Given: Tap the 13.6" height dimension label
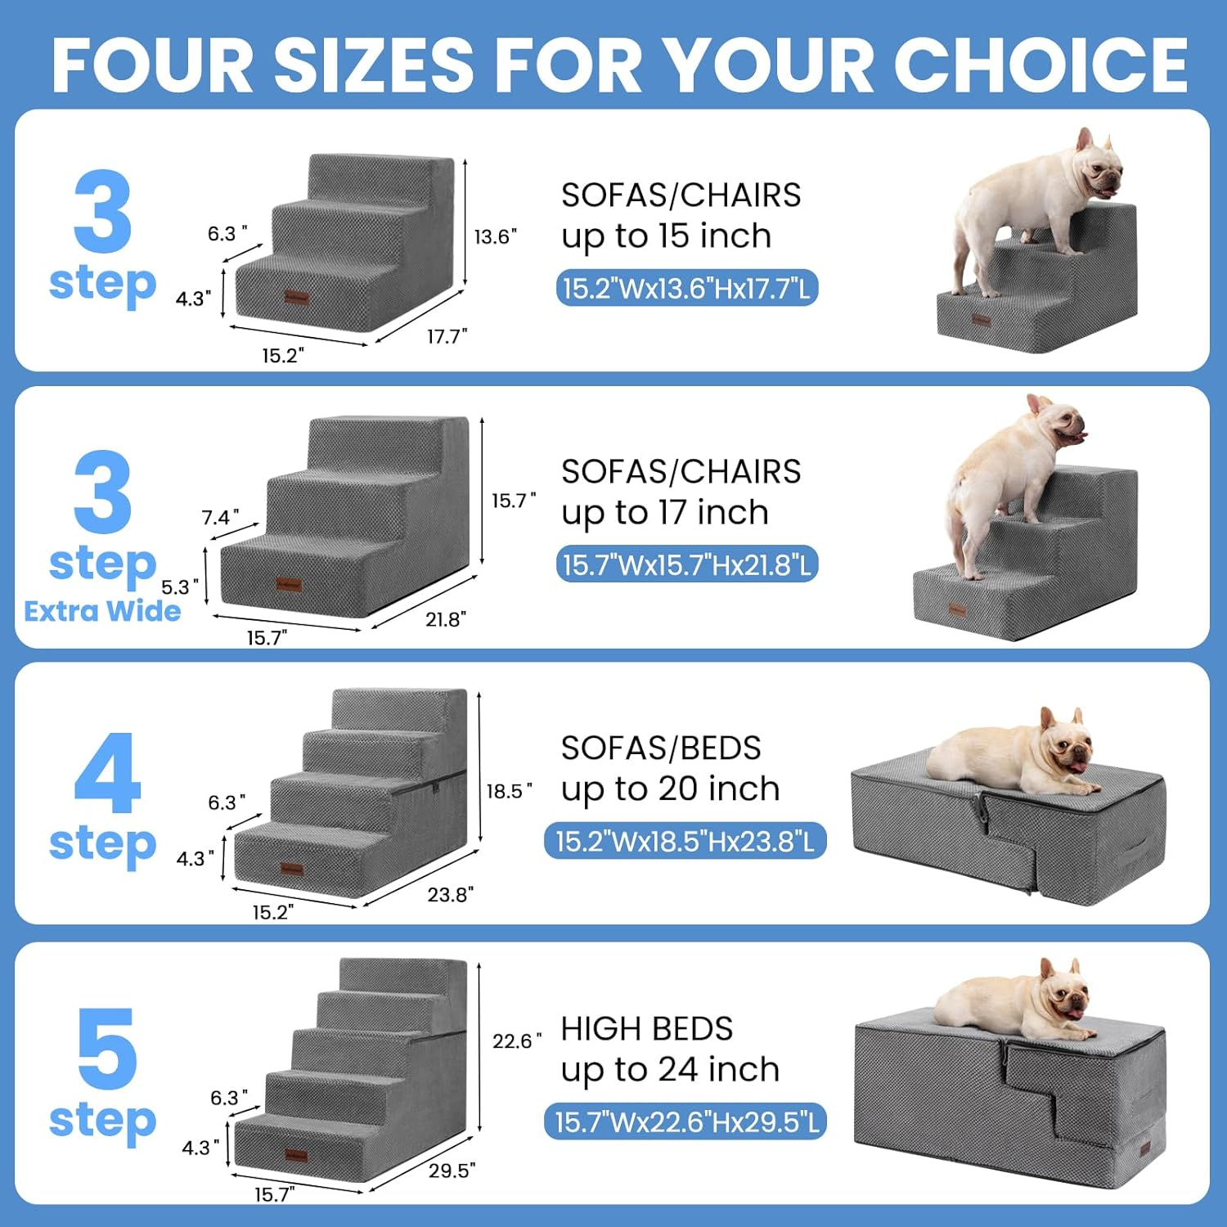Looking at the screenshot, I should (x=495, y=237).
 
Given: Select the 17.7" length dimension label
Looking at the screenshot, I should (x=447, y=336).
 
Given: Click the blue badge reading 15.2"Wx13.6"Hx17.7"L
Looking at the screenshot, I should (x=686, y=289).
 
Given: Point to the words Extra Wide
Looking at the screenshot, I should (x=102, y=612).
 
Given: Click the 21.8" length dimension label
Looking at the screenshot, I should (x=446, y=619).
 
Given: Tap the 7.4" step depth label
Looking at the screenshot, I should (x=220, y=518).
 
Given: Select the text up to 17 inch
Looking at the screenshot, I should (x=664, y=513).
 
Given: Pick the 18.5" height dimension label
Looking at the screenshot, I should (x=509, y=791).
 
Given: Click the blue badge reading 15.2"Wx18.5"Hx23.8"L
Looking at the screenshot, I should (x=685, y=842).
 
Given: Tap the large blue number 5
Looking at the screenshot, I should (x=106, y=1049).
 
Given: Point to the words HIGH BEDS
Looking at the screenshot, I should (x=646, y=1029).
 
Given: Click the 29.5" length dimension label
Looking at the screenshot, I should (x=452, y=1171).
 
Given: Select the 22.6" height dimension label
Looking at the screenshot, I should (x=516, y=1041).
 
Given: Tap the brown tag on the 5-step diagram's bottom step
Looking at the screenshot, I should (x=295, y=1156).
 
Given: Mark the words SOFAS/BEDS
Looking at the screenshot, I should (x=660, y=748).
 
